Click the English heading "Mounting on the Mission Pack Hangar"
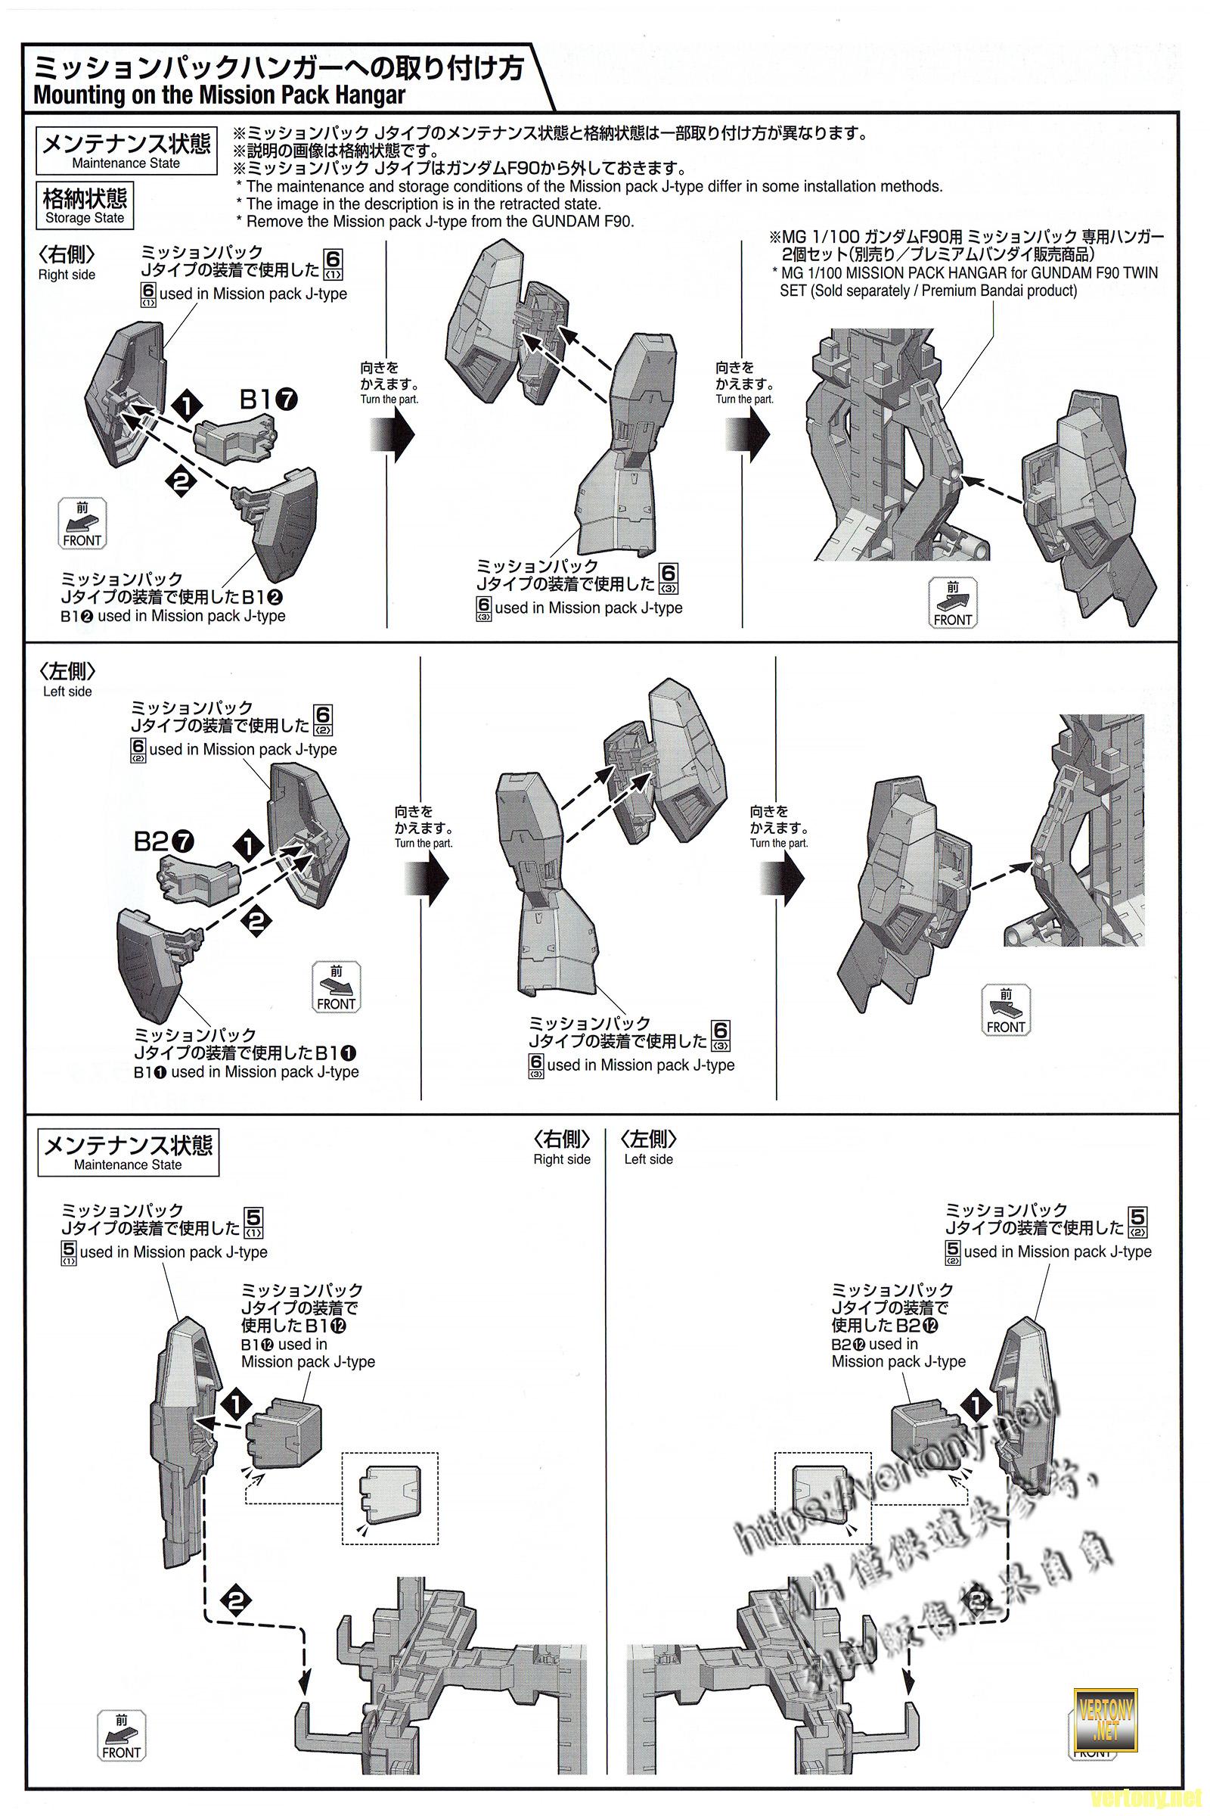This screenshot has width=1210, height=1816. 219,96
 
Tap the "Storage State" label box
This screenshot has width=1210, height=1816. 85,205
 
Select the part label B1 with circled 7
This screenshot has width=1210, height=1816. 268,400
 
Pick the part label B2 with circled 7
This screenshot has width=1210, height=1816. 163,841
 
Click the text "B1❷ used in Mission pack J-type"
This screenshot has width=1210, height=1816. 172,616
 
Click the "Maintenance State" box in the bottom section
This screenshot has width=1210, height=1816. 128,1152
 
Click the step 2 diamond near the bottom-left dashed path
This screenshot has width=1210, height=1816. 236,1600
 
